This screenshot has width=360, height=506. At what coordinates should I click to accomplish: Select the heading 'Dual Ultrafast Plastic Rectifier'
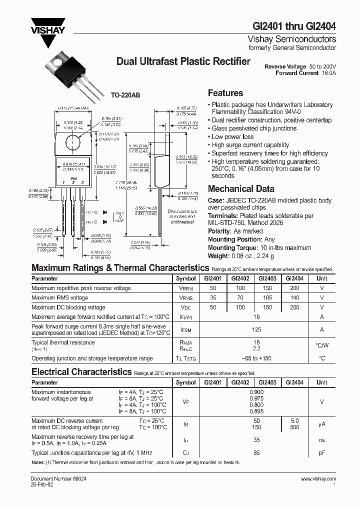pyautogui.click(x=183, y=61)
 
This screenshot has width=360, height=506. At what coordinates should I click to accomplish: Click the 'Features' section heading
pyautogui.click(x=225, y=93)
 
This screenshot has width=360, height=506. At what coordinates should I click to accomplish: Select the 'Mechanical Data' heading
pyautogui.click(x=241, y=189)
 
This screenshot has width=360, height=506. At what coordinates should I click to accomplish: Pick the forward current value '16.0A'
pyautogui.click(x=328, y=73)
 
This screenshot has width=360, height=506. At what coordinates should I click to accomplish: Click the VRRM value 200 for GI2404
pyautogui.click(x=295, y=288)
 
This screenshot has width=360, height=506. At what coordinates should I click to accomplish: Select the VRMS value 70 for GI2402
pyautogui.click(x=240, y=298)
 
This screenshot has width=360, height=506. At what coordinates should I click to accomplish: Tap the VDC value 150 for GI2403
pyautogui.click(x=267, y=307)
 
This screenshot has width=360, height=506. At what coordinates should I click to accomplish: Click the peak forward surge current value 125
pyautogui.click(x=257, y=329)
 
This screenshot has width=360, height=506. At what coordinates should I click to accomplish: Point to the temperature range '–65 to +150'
pyautogui.click(x=257, y=358)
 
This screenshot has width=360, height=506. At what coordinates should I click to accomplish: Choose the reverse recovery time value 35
pyautogui.click(x=257, y=440)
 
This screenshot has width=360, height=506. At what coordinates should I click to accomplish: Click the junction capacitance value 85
pyautogui.click(x=257, y=453)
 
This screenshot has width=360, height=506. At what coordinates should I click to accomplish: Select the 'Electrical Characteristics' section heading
pyautogui.click(x=81, y=372)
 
